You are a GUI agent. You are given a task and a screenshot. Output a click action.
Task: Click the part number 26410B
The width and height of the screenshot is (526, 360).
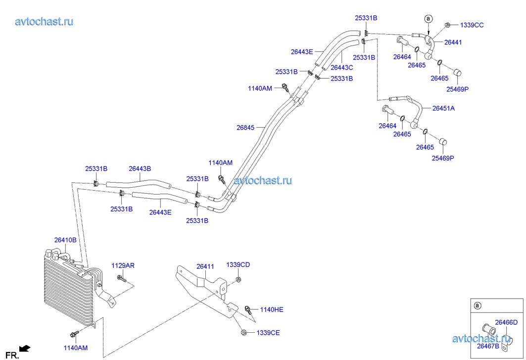[x=65, y=240]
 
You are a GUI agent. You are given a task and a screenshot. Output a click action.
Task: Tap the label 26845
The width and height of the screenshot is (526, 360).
[x=245, y=127]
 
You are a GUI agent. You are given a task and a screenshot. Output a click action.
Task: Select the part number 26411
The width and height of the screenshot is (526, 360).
[x=205, y=266]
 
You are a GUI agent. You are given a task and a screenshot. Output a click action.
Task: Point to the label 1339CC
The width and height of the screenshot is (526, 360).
[x=472, y=25]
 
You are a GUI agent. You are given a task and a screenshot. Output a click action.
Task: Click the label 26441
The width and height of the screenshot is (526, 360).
[x=453, y=43]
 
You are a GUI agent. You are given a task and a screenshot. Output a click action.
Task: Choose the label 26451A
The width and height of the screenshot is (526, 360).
[x=443, y=108]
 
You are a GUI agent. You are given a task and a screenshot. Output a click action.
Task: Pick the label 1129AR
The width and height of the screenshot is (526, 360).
[x=123, y=266]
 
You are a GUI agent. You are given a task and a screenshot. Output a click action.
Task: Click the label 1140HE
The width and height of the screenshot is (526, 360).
[x=272, y=309]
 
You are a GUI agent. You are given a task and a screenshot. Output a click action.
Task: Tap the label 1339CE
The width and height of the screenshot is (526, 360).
[x=268, y=333]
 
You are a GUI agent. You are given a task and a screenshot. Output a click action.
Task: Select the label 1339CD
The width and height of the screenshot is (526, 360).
[x=238, y=265]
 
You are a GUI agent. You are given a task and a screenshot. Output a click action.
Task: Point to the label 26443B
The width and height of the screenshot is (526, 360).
[x=140, y=169]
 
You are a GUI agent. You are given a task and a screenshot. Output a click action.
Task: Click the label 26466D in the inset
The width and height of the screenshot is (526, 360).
[x=506, y=322]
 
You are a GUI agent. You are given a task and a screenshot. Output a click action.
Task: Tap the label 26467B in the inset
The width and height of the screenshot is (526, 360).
[x=488, y=346]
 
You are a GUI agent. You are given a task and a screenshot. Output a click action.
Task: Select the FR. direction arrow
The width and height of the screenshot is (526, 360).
[x=25, y=349]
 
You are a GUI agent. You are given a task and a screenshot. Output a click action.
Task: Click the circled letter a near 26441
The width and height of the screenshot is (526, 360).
[x=429, y=19]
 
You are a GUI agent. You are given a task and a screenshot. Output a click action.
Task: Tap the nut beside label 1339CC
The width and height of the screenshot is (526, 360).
[x=447, y=24]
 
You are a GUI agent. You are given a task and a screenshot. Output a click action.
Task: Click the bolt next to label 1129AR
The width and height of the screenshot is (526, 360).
[x=121, y=280]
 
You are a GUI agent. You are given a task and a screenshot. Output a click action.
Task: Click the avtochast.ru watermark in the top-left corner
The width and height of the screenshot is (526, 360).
[x=44, y=21]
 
